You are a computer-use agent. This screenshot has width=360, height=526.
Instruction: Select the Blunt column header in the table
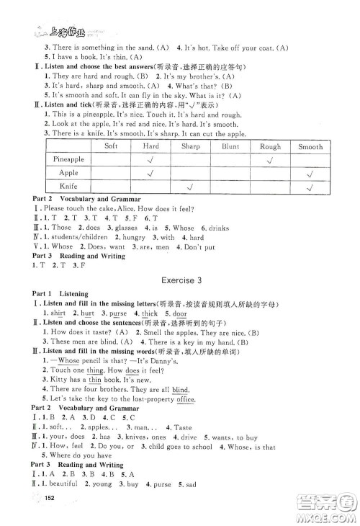(230, 146)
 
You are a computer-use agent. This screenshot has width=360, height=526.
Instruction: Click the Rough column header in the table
(270, 146)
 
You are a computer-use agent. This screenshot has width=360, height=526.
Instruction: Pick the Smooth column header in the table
(310, 146)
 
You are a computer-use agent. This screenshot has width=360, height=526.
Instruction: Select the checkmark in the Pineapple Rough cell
(270, 159)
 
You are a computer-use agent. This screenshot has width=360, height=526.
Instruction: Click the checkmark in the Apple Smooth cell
(310, 174)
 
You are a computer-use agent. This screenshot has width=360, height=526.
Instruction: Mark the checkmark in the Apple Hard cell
(151, 174)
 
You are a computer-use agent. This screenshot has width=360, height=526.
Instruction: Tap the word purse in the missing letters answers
(119, 313)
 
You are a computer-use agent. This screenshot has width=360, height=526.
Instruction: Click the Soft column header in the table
(111, 146)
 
